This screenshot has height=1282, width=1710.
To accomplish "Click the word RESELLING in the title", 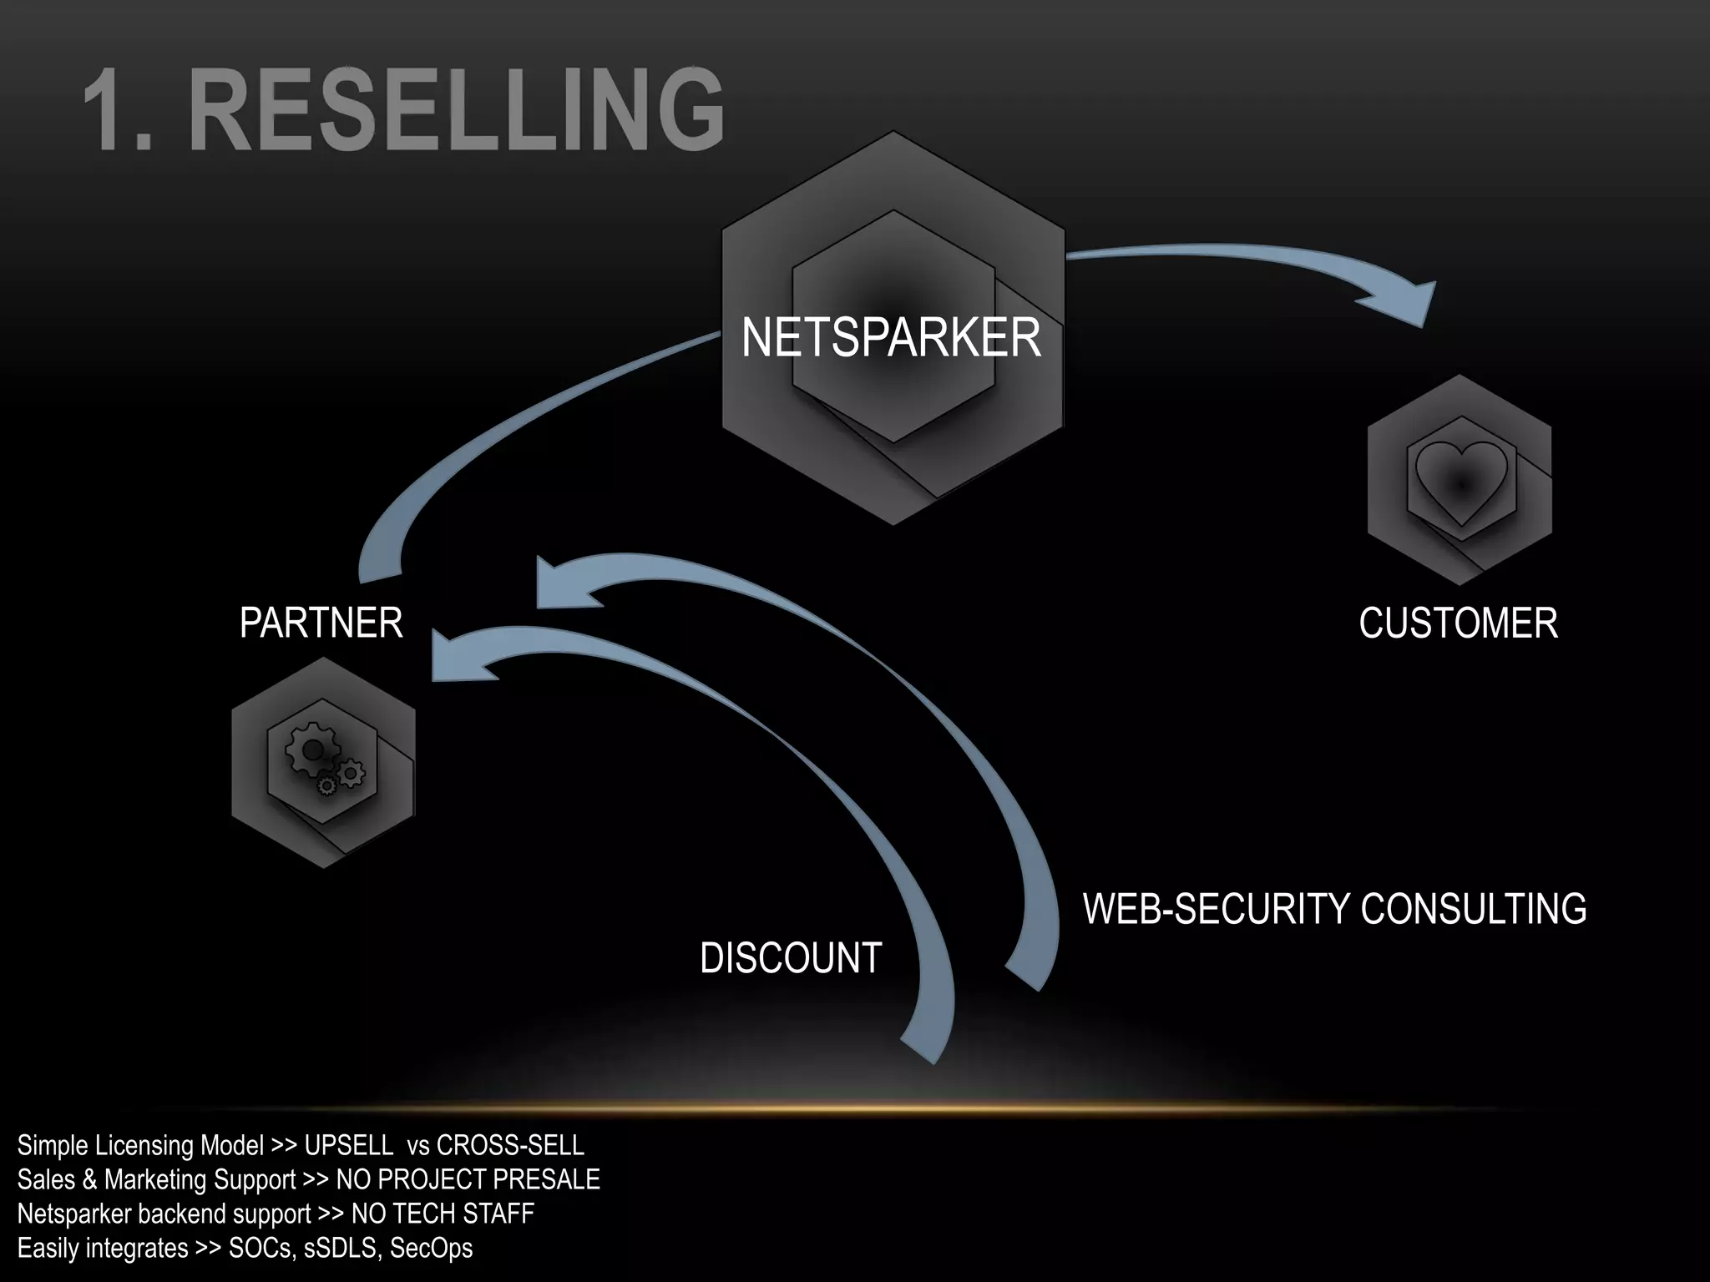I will [x=458, y=111].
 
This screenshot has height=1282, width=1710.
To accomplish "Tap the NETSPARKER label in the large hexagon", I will [x=891, y=338].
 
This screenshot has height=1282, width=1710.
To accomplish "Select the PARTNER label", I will [x=321, y=623].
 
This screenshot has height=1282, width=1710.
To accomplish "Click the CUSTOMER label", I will [x=1458, y=623].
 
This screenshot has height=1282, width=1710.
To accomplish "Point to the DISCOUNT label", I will [x=791, y=958].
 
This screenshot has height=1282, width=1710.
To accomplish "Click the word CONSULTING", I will [x=1473, y=909].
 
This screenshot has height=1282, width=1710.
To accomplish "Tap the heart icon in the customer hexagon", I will [x=1461, y=482].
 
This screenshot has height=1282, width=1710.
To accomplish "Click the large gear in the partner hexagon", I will [x=312, y=749].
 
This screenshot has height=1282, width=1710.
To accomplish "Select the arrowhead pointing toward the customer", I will [x=1403, y=300].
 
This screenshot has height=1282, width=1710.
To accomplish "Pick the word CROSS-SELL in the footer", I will [x=510, y=1145].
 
